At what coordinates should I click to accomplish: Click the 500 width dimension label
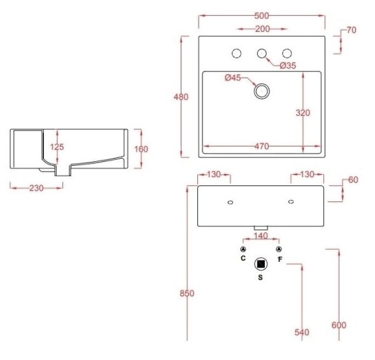coord(262,13)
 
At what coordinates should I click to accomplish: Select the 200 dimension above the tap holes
coord(262,29)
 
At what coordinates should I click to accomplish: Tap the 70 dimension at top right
coord(351,30)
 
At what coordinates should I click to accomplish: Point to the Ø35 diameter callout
coord(288,65)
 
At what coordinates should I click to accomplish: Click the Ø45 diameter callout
coord(233,78)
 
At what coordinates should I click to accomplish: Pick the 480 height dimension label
coord(181,97)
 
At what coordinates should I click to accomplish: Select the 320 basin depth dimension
coord(303,113)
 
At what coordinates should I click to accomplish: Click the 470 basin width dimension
coord(261,147)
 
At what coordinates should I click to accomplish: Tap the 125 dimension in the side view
coord(57,147)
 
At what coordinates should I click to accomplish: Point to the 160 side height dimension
coord(141,149)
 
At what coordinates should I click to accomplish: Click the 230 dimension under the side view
coord(36,188)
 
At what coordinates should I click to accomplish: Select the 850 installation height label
coord(187,293)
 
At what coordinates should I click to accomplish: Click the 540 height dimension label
coord(302,333)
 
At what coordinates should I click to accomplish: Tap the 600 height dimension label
coord(339,325)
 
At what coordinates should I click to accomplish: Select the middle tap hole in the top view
coord(262,54)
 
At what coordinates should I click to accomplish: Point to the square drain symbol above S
coord(261,264)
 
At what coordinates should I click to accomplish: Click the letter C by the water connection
coord(243,259)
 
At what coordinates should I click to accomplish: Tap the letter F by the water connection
coord(279,259)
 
